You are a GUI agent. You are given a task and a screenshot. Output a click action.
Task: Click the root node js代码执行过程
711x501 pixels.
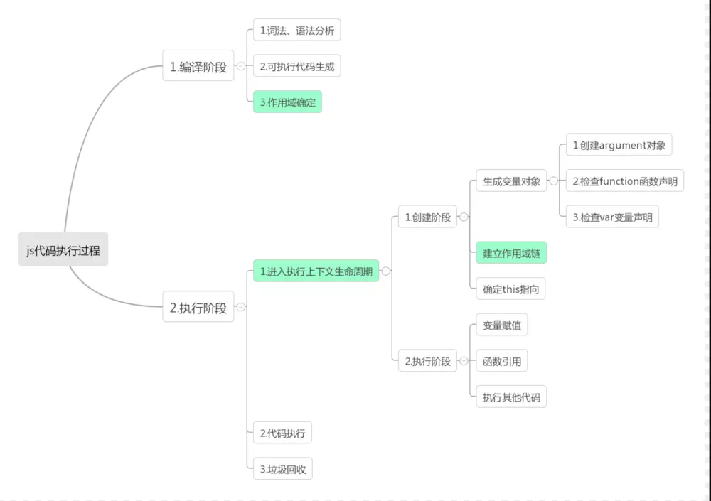point(63,249)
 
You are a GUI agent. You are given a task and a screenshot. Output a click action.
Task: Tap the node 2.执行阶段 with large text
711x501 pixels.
point(198,307)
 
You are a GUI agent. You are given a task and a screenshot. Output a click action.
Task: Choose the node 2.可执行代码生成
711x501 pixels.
point(296,67)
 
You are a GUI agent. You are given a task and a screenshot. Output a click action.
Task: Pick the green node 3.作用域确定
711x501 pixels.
point(287,102)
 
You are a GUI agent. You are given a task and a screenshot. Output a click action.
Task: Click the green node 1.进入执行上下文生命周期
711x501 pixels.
point(316,271)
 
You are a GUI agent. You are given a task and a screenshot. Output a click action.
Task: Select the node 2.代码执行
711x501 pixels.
point(282,433)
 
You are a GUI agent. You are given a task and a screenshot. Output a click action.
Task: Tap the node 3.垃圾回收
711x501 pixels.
point(282,469)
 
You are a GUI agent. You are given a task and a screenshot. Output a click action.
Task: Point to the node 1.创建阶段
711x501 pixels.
point(427,217)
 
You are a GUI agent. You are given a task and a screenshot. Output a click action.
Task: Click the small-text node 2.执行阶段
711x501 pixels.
point(427,361)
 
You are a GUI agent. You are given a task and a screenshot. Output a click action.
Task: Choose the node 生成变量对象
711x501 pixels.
point(511,181)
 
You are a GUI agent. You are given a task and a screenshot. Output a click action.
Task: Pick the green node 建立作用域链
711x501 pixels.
point(511,253)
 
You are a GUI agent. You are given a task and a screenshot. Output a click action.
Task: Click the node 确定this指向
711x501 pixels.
point(510,289)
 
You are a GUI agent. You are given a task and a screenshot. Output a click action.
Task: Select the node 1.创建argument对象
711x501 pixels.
point(619,145)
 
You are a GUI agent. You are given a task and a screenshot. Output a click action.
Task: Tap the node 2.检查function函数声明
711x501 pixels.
point(624,181)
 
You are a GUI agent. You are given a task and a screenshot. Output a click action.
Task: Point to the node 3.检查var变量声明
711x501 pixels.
point(612,217)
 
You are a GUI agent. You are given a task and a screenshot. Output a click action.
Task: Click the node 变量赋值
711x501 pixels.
point(501,325)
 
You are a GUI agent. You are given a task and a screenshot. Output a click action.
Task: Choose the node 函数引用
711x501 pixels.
point(501,361)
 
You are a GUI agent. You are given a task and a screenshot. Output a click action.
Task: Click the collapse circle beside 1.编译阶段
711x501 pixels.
point(241,66)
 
